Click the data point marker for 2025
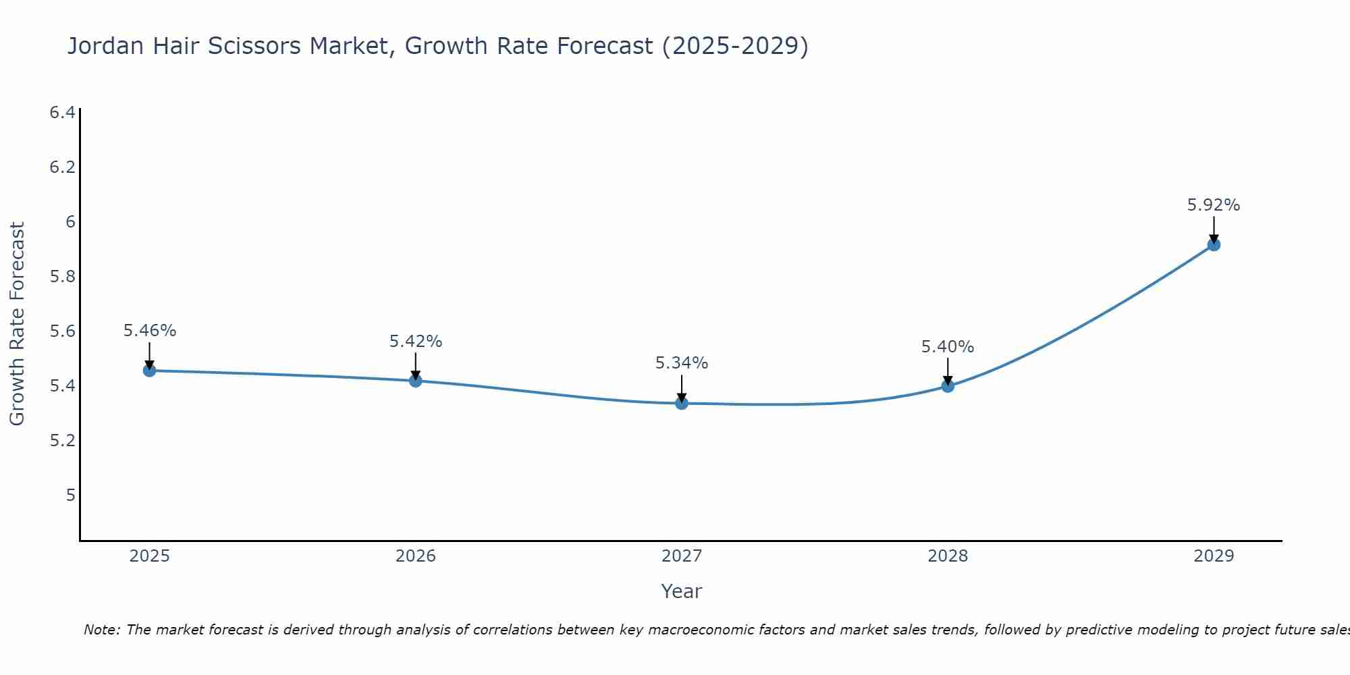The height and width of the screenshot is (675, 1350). coord(150,371)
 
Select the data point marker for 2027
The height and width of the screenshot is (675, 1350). coord(682,403)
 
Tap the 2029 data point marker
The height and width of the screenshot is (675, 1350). coord(1214,244)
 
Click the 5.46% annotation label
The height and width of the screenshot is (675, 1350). coord(150,331)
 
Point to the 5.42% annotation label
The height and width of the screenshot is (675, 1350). coord(416,342)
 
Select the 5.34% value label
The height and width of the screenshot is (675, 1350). coord(682,363)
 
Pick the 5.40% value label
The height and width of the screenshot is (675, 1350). coord(948,347)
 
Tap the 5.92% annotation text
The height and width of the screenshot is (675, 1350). coord(1214,205)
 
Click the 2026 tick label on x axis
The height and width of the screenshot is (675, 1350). coord(416,556)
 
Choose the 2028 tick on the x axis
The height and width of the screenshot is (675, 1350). coord(948,556)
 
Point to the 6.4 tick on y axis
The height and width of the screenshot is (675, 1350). coord(62,112)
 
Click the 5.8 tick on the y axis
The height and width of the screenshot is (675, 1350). coord(62,277)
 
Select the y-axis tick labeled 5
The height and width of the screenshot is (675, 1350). coord(70,495)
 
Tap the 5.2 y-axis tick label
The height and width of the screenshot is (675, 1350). coord(62,441)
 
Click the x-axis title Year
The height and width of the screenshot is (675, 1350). coord(682,591)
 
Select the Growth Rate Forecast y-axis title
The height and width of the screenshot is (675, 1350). coord(18,324)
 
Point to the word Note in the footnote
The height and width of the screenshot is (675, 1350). coord(101,630)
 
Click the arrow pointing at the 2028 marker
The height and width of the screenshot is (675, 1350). coord(948,371)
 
